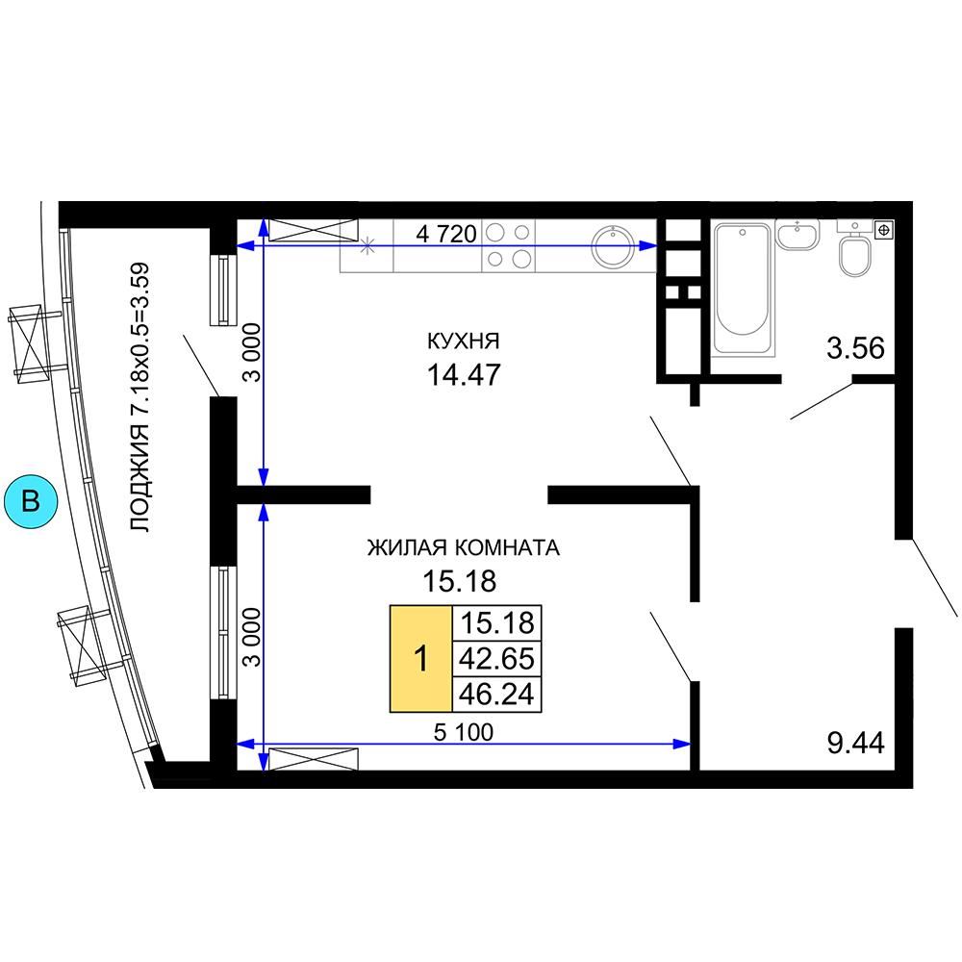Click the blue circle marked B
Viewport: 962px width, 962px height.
pyautogui.click(x=31, y=501)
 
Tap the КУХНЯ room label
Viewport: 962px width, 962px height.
pyautogui.click(x=464, y=341)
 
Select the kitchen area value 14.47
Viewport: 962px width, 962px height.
pyautogui.click(x=464, y=375)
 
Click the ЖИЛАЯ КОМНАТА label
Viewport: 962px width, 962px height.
pyautogui.click(x=464, y=547)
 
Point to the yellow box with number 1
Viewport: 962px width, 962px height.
pyautogui.click(x=421, y=658)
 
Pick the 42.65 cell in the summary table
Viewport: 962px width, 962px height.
pyautogui.click(x=497, y=658)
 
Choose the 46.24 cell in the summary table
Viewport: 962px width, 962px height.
pyautogui.click(x=497, y=694)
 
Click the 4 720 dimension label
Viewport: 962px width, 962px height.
pyautogui.click(x=446, y=234)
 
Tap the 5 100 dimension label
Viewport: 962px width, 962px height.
pyautogui.click(x=464, y=732)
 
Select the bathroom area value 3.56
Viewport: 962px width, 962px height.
pyautogui.click(x=855, y=348)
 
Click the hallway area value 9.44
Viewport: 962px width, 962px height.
pyautogui.click(x=855, y=743)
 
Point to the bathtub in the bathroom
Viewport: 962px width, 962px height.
pyautogui.click(x=743, y=290)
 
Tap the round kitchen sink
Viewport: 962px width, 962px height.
pyautogui.click(x=612, y=246)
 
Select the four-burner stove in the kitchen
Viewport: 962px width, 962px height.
pyautogui.click(x=509, y=245)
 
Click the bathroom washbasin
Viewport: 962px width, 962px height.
pyautogui.click(x=797, y=235)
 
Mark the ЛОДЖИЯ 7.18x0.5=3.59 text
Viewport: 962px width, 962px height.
pyautogui.click(x=140, y=397)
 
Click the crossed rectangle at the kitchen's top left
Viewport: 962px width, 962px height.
pyautogui.click(x=314, y=230)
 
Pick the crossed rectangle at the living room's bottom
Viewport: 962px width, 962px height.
pyautogui.click(x=314, y=759)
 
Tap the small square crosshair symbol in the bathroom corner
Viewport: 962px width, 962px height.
pyautogui.click(x=884, y=230)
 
